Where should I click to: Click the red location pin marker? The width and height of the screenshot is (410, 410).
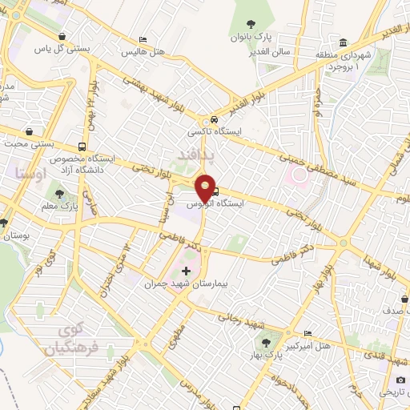205,187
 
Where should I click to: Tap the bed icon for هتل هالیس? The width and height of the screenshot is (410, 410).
143,39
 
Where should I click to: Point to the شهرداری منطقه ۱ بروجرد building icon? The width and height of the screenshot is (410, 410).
344,42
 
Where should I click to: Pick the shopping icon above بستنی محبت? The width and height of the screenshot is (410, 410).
30,131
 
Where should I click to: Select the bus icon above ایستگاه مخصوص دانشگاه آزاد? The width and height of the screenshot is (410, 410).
83,147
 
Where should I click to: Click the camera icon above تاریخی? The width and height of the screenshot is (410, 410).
400,380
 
